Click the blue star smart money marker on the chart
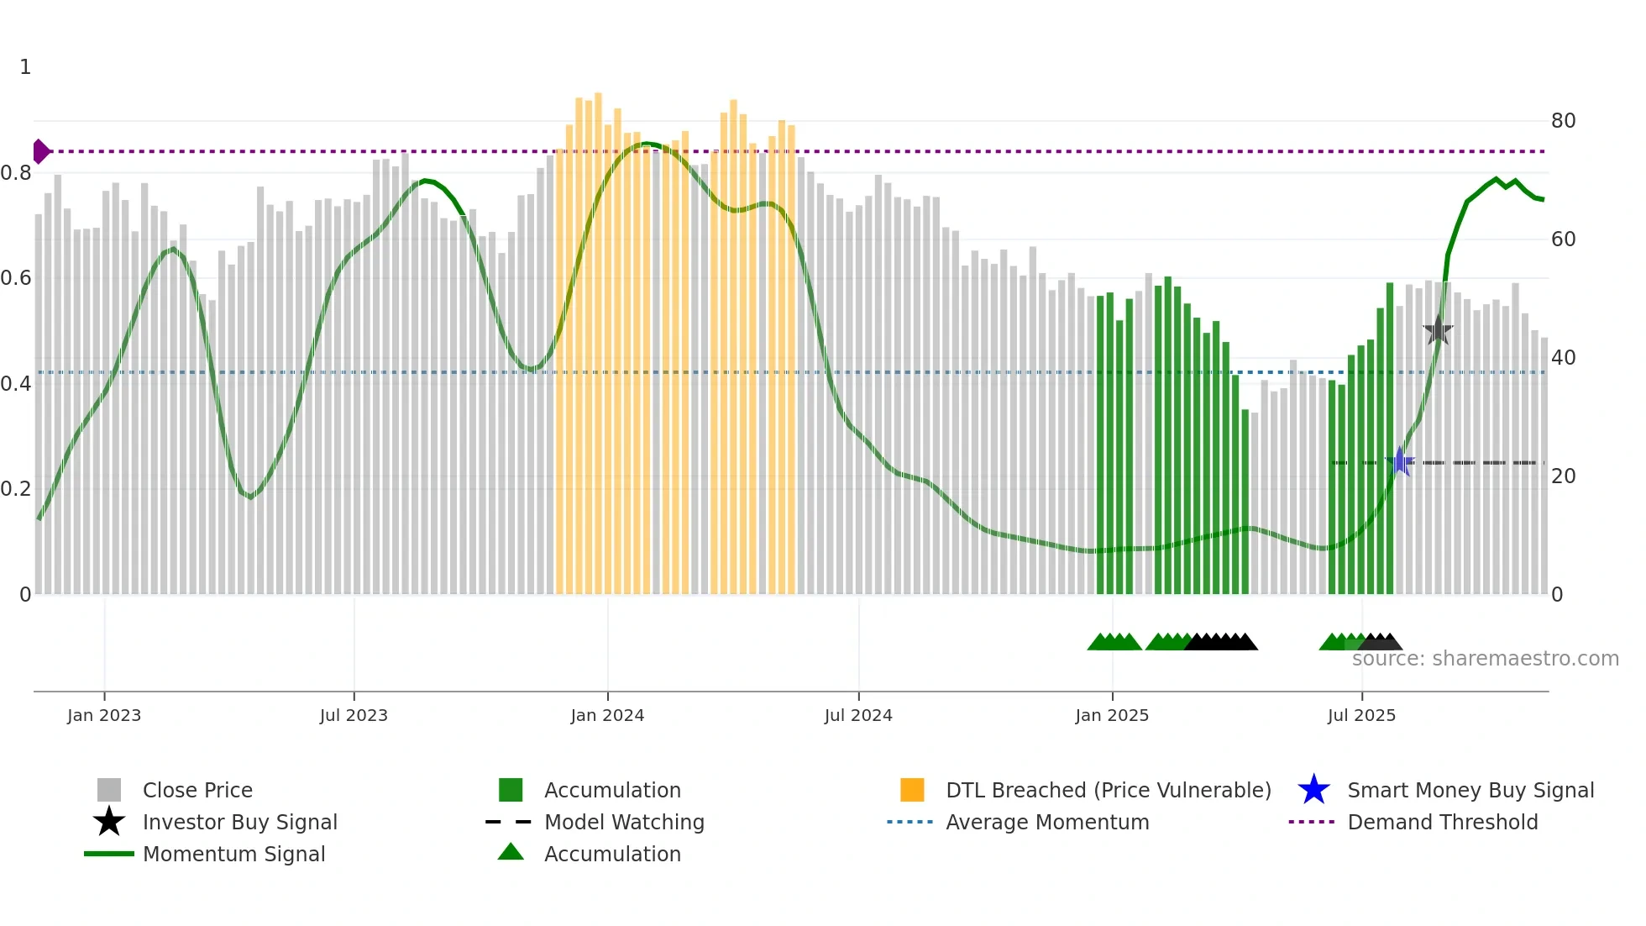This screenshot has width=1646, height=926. point(1400,462)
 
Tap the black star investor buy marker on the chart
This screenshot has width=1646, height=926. point(1438,330)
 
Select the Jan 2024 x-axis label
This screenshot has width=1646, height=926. point(607,716)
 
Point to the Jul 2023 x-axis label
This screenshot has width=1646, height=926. point(354,716)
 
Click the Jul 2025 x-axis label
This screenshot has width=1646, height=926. point(1361,716)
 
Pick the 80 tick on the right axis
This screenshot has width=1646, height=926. point(1563,121)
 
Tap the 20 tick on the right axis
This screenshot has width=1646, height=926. point(1563,476)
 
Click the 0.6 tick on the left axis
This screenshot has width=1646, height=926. point(16,278)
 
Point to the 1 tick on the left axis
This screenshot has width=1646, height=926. point(25,67)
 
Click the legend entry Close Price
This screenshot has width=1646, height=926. point(197,790)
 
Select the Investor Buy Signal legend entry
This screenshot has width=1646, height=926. point(239,822)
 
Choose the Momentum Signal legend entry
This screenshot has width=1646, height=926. point(233,854)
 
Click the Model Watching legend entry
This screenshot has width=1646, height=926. point(624,822)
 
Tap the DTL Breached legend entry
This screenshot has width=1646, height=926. point(1108,790)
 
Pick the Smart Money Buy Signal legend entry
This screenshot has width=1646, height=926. point(1470,790)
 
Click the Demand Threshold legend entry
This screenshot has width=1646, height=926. point(1442,822)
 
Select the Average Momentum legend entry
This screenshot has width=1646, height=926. point(1046,822)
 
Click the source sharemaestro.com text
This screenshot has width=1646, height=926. point(1485,659)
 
